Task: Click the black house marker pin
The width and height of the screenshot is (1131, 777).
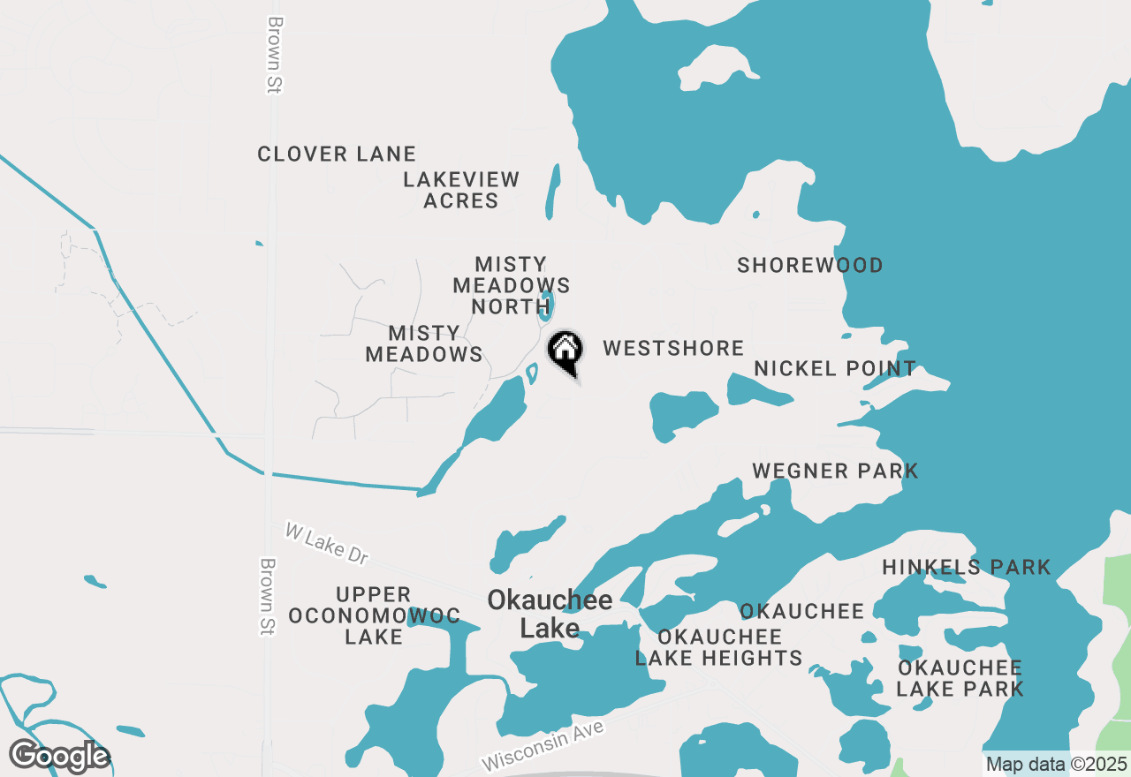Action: [565, 351]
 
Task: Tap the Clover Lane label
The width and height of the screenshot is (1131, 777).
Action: [336, 154]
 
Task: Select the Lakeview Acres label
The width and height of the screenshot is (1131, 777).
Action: [460, 190]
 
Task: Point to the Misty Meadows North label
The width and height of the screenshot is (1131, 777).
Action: [511, 285]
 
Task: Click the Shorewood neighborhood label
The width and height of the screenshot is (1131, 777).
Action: [809, 265]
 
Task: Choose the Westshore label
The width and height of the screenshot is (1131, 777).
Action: [673, 348]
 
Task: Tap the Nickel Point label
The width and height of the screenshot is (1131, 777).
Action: [835, 368]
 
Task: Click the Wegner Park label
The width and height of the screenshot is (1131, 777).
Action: [835, 471]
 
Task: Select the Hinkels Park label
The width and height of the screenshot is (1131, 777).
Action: [967, 567]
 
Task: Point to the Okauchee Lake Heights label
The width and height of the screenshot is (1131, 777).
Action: [718, 647]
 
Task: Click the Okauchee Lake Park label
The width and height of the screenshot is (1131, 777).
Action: [960, 677]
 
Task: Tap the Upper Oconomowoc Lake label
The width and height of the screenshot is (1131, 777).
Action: [374, 615]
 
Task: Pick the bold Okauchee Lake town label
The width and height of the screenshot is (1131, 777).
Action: [550, 614]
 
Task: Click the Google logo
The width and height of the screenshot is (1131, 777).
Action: [59, 756]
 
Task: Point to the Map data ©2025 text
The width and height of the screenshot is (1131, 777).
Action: [1056, 764]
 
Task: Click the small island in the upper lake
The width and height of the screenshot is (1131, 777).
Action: [717, 66]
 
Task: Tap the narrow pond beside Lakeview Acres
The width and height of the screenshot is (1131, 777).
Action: [553, 191]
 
